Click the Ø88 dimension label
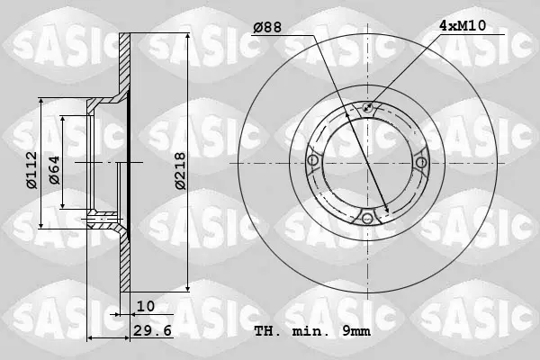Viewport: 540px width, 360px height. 267,27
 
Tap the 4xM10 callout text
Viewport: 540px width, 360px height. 463,25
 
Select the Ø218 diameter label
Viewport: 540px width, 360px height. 180,171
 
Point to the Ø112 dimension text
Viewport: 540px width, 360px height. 31,170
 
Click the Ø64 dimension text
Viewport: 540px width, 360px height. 54,170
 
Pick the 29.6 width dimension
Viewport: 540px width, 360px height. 152,331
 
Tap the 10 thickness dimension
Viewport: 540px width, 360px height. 146,306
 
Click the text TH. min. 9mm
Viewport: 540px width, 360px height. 312,331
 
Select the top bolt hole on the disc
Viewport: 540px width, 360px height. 367,107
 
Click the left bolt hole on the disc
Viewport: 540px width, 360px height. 312,160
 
